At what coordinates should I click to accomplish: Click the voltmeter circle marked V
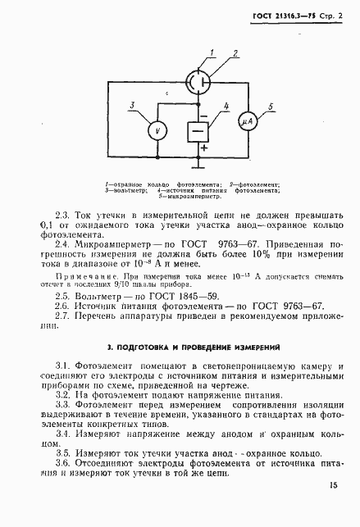(152, 130)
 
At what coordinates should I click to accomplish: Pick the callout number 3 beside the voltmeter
(132, 105)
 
